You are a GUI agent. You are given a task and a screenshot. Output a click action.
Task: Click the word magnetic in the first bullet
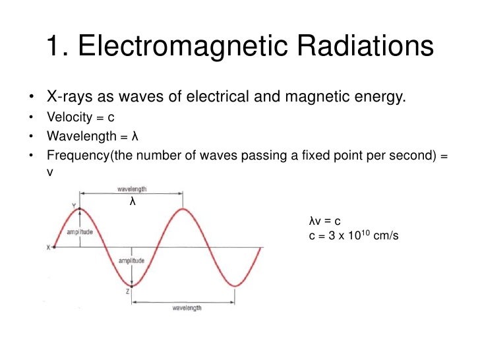coord(313,98)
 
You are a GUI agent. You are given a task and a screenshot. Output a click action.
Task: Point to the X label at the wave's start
coord(48,248)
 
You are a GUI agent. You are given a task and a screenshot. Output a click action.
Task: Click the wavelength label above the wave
coord(132,189)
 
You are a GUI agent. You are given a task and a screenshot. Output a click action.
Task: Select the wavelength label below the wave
coord(187,308)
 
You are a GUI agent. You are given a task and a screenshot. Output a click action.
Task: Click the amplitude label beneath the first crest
coord(80,233)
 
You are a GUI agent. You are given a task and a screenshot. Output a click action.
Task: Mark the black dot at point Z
coord(133,286)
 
